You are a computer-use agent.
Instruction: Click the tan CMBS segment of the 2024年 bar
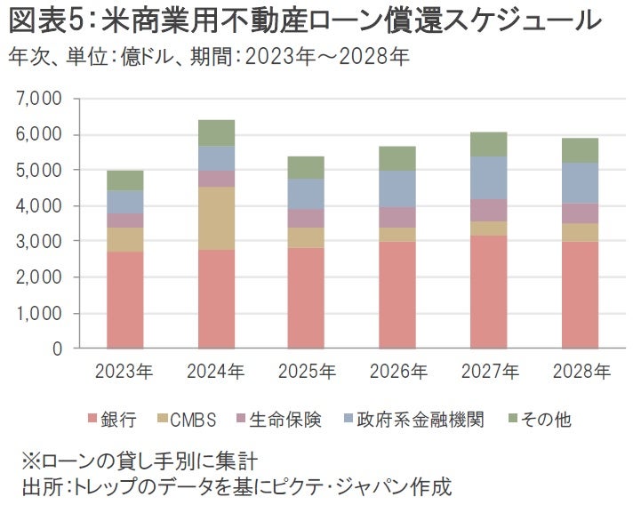pos(216,218)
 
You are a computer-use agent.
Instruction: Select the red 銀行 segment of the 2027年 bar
pos(488,292)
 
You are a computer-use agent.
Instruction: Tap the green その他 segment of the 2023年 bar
pos(125,180)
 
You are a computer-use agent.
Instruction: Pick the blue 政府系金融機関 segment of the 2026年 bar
pos(397,188)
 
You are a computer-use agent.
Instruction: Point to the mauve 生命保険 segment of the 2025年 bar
pos(307,218)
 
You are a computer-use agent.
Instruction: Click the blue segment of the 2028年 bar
pos(580,182)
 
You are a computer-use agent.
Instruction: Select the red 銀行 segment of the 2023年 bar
pos(125,300)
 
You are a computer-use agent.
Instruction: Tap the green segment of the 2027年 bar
pos(488,144)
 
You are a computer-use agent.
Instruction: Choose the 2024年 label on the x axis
pos(216,370)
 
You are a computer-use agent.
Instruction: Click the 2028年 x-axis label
pos(580,370)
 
